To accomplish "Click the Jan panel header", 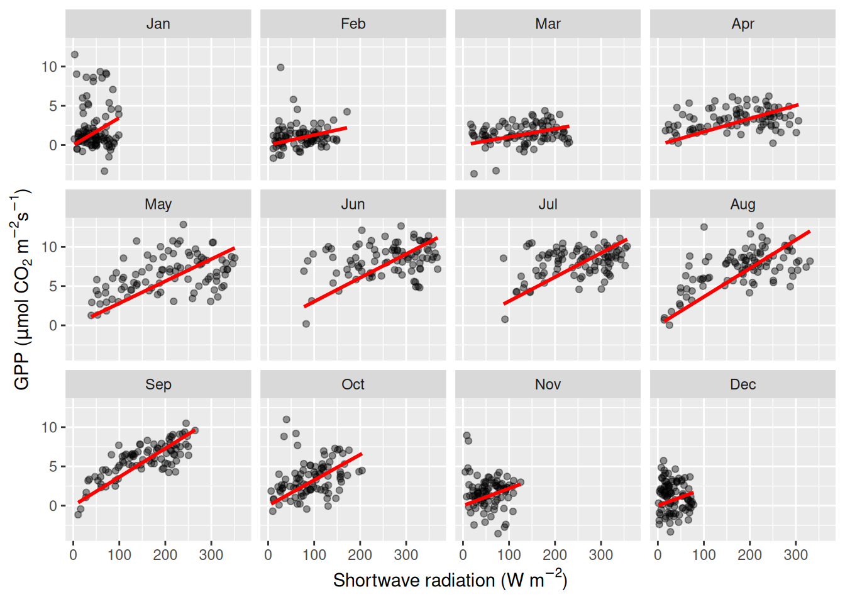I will coord(158,24).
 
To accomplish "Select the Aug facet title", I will coord(743,204).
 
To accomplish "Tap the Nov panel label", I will coord(548,384).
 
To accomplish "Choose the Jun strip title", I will coord(353,204).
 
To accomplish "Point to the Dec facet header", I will coord(743,384).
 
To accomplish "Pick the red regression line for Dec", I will coord(676,499).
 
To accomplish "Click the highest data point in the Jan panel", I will coord(75,55).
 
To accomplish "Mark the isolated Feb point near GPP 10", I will coord(280,67).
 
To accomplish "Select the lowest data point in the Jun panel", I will coord(306,324).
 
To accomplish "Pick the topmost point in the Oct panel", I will coord(287,420).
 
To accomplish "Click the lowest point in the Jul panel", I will coord(505,320).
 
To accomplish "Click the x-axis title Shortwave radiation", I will coord(450,580).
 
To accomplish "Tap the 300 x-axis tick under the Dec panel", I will coord(795,555).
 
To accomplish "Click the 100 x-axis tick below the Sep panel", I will coord(119,555).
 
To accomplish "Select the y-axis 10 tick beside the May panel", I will coord(49,247).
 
